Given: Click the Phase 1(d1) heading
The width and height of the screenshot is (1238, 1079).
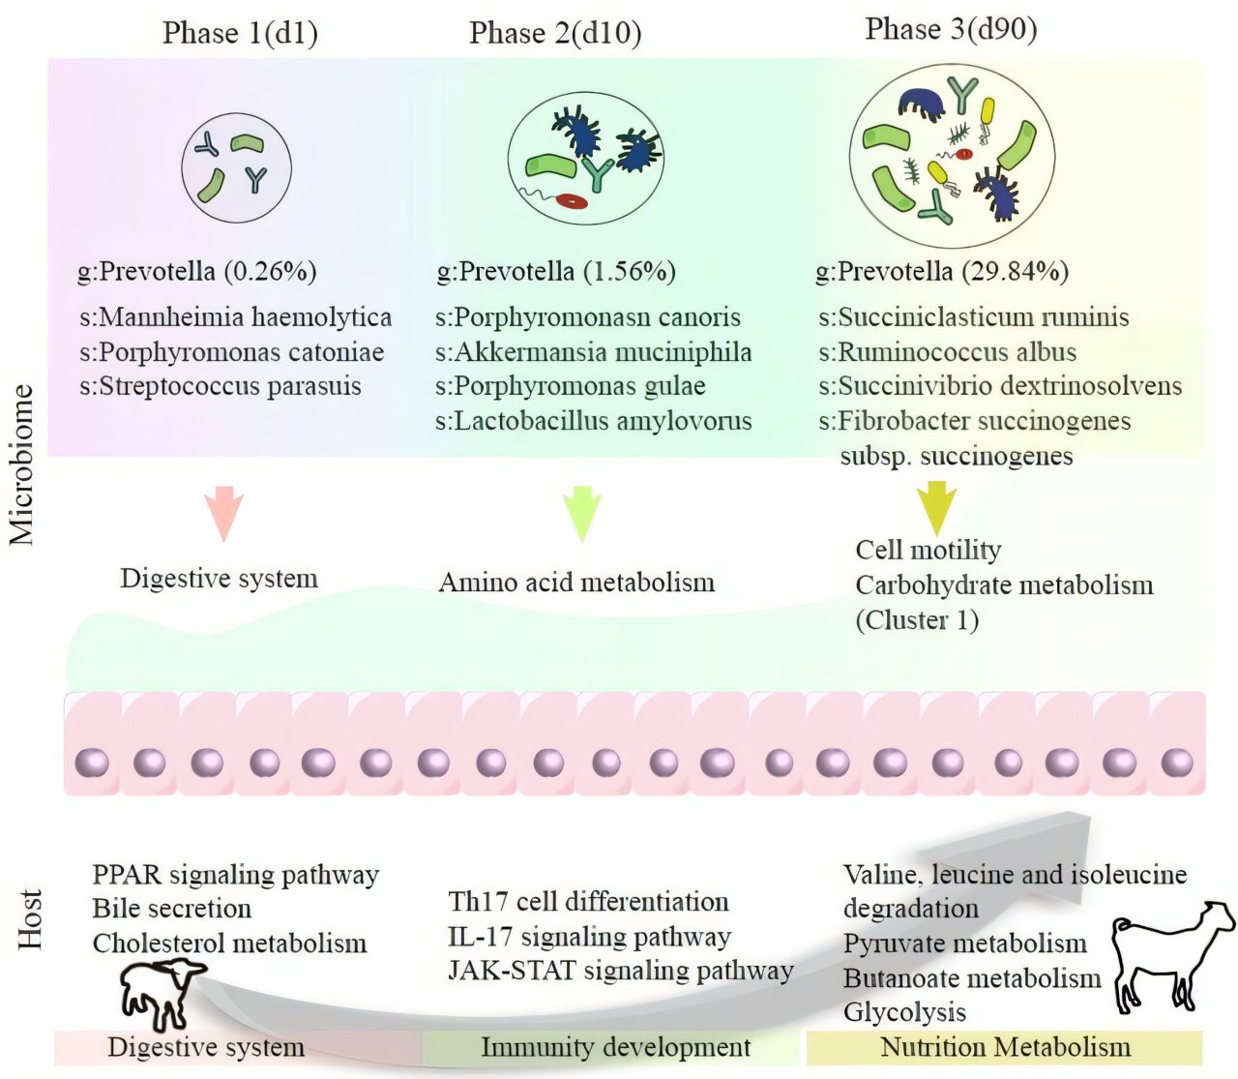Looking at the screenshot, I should click(x=240, y=33).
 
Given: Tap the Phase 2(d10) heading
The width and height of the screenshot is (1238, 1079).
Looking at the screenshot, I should click(x=555, y=33).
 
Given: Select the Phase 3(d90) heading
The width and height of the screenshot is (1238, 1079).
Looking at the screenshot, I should click(x=951, y=29).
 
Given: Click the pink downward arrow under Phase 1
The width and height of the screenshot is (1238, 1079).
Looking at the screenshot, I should click(x=224, y=513).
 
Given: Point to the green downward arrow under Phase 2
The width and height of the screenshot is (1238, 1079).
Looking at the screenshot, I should click(x=582, y=513).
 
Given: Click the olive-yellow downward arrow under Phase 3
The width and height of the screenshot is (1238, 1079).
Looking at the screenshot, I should click(x=935, y=509).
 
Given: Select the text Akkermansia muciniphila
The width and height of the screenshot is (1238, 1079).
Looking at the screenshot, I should click(x=602, y=352).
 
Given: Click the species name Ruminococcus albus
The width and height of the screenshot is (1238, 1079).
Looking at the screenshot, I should click(x=957, y=352).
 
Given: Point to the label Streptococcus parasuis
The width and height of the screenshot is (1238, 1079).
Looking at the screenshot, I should click(x=229, y=386).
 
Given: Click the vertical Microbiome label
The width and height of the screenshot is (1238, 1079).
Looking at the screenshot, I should click(x=21, y=465).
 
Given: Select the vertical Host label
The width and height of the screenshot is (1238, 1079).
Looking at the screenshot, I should click(x=31, y=919).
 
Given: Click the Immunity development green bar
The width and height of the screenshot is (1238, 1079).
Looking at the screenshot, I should click(x=615, y=1047).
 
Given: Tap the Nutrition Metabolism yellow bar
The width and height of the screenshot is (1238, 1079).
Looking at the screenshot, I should click(x=1005, y=1047).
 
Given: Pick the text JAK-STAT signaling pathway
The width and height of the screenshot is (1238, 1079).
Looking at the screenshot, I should click(x=621, y=971).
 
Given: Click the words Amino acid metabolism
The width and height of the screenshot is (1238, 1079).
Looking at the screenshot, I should click(x=576, y=583).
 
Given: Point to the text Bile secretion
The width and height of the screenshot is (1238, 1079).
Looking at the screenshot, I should click(x=172, y=909).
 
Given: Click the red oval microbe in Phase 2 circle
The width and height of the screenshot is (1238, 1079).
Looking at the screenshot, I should click(x=572, y=201).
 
